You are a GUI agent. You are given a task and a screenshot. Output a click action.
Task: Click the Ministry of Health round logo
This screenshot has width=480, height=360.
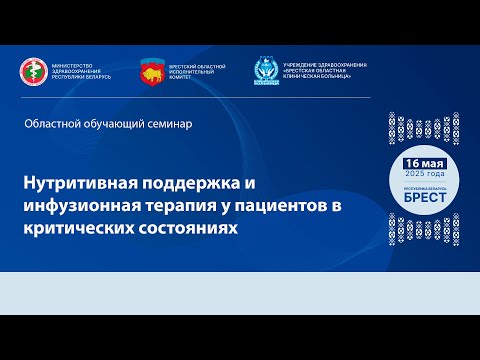pyautogui.click(x=34, y=71)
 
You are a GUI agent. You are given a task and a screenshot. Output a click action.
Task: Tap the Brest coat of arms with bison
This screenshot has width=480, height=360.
pyautogui.click(x=153, y=71)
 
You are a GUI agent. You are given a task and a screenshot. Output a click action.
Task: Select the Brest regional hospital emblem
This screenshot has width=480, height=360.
pyautogui.click(x=267, y=72)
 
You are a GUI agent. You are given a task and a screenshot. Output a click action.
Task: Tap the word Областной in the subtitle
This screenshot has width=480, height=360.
pyautogui.click(x=59, y=123)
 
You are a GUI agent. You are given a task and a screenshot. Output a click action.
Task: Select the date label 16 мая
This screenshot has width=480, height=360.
pyautogui.click(x=424, y=161)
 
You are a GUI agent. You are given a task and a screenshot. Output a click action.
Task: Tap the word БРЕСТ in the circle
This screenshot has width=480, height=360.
pyautogui.click(x=424, y=196)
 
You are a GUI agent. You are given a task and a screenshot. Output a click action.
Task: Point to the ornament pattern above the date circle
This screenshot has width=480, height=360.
pyautogui.click(x=424, y=127)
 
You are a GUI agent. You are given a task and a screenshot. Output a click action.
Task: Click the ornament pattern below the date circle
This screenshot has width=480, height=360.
pyautogui.click(x=424, y=229)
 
